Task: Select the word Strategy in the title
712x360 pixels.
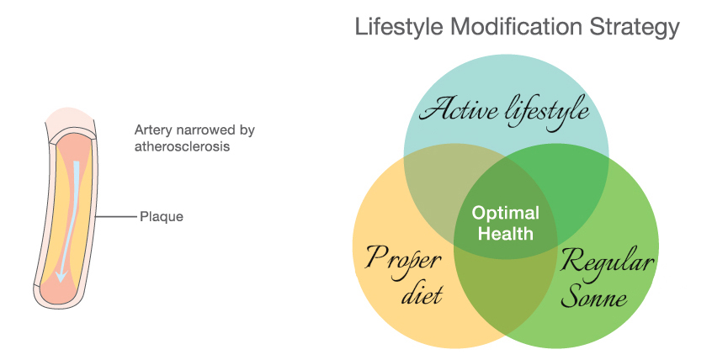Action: click(635, 27)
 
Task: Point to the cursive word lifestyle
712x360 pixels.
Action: click(548, 112)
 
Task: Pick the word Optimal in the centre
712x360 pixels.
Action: click(506, 213)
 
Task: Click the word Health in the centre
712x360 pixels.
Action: click(506, 233)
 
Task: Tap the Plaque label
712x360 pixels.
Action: click(162, 216)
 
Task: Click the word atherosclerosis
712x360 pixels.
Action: click(182, 146)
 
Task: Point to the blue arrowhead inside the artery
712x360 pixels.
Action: click(61, 275)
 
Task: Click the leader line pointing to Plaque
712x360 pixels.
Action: click(116, 217)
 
